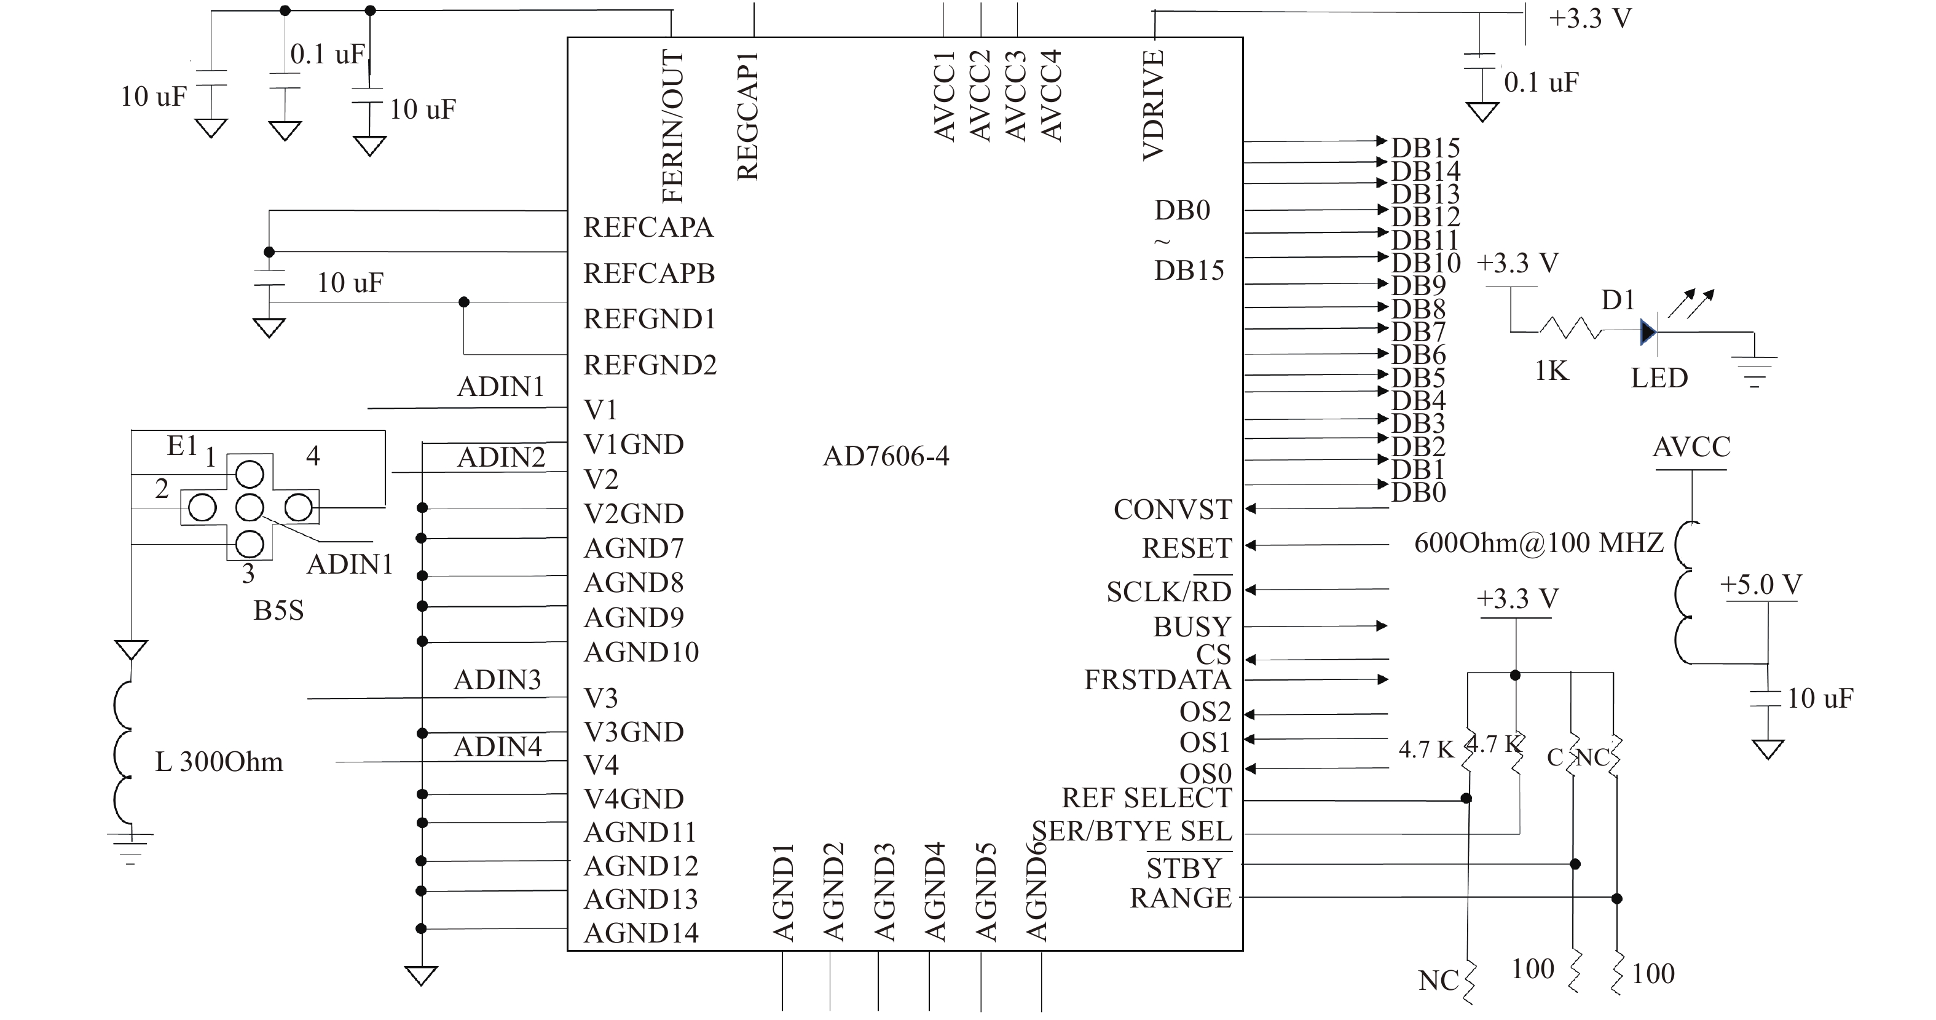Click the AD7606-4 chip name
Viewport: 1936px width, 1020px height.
886,456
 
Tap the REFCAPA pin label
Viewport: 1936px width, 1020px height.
648,227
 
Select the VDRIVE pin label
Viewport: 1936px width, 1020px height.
1153,105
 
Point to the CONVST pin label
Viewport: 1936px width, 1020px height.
1173,510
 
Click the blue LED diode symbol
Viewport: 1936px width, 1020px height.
1649,331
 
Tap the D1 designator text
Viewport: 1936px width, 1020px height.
1618,300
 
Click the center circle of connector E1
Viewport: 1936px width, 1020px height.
250,508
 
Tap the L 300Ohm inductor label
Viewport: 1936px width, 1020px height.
219,762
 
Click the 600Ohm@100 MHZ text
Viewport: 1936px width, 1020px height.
1539,543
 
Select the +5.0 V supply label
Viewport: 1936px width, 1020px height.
1761,585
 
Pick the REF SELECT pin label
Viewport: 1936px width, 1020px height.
1147,797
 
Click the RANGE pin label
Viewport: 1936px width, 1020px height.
1181,898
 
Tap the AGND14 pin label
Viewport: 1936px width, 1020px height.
641,933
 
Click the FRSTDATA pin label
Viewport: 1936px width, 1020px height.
1157,679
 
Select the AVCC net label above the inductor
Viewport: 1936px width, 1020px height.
1691,447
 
